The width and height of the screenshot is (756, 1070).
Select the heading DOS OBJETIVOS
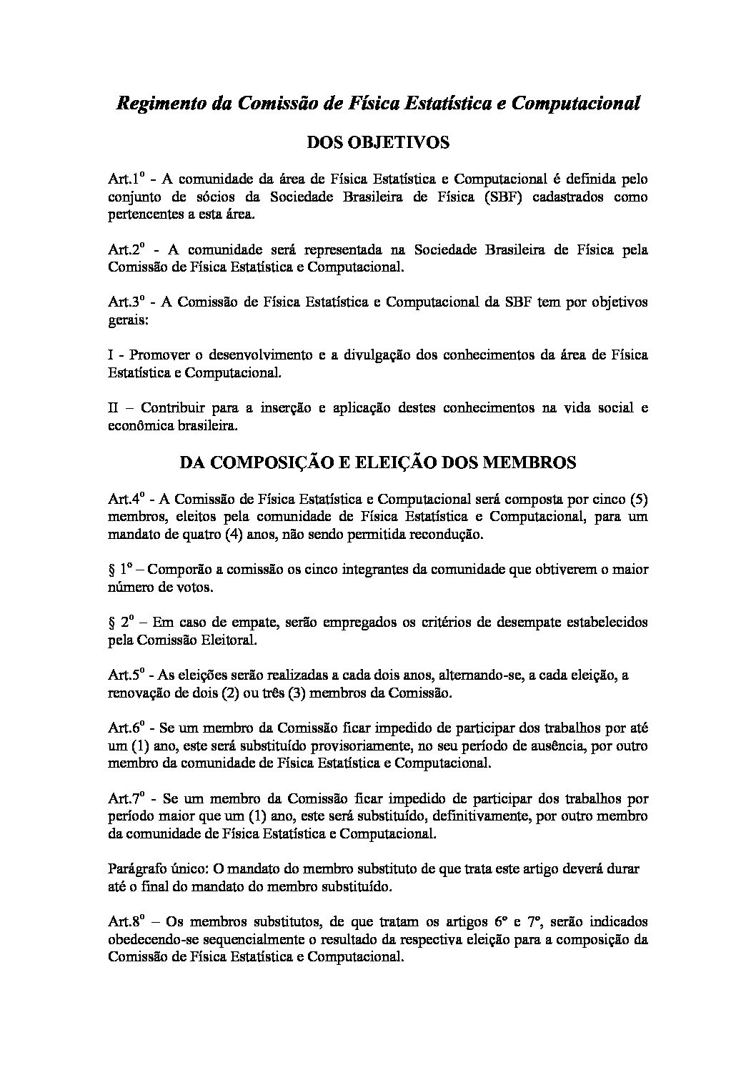pos(377,143)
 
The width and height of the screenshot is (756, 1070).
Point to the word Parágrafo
pos(136,869)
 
